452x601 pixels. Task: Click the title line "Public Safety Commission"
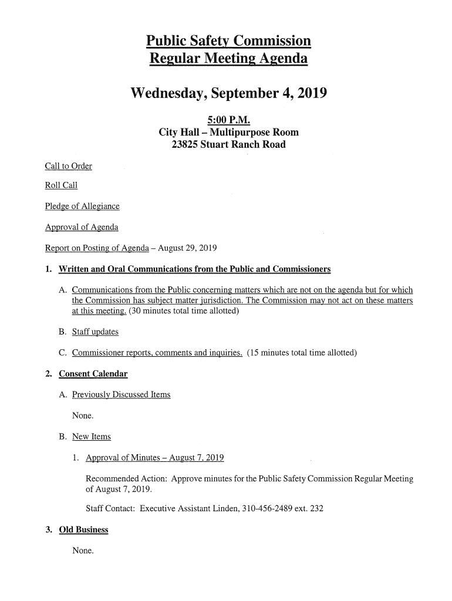coord(228,41)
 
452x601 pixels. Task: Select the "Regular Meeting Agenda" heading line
coord(228,59)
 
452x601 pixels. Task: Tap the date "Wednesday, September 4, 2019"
coord(228,94)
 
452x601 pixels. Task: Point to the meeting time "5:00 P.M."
coord(228,120)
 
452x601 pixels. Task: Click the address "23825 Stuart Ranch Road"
coord(228,144)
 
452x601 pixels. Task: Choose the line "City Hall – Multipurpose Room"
coord(228,132)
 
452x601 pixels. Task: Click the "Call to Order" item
coord(69,166)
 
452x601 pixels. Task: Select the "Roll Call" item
coord(61,186)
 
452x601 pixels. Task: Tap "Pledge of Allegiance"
coord(82,206)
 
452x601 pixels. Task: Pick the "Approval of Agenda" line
coord(82,227)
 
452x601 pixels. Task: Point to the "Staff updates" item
coord(95,332)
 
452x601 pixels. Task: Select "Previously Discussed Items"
coord(121,394)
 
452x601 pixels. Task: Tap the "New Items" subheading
coord(91,437)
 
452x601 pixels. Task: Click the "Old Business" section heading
coord(84,530)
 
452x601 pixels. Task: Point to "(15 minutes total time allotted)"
coord(302,353)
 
